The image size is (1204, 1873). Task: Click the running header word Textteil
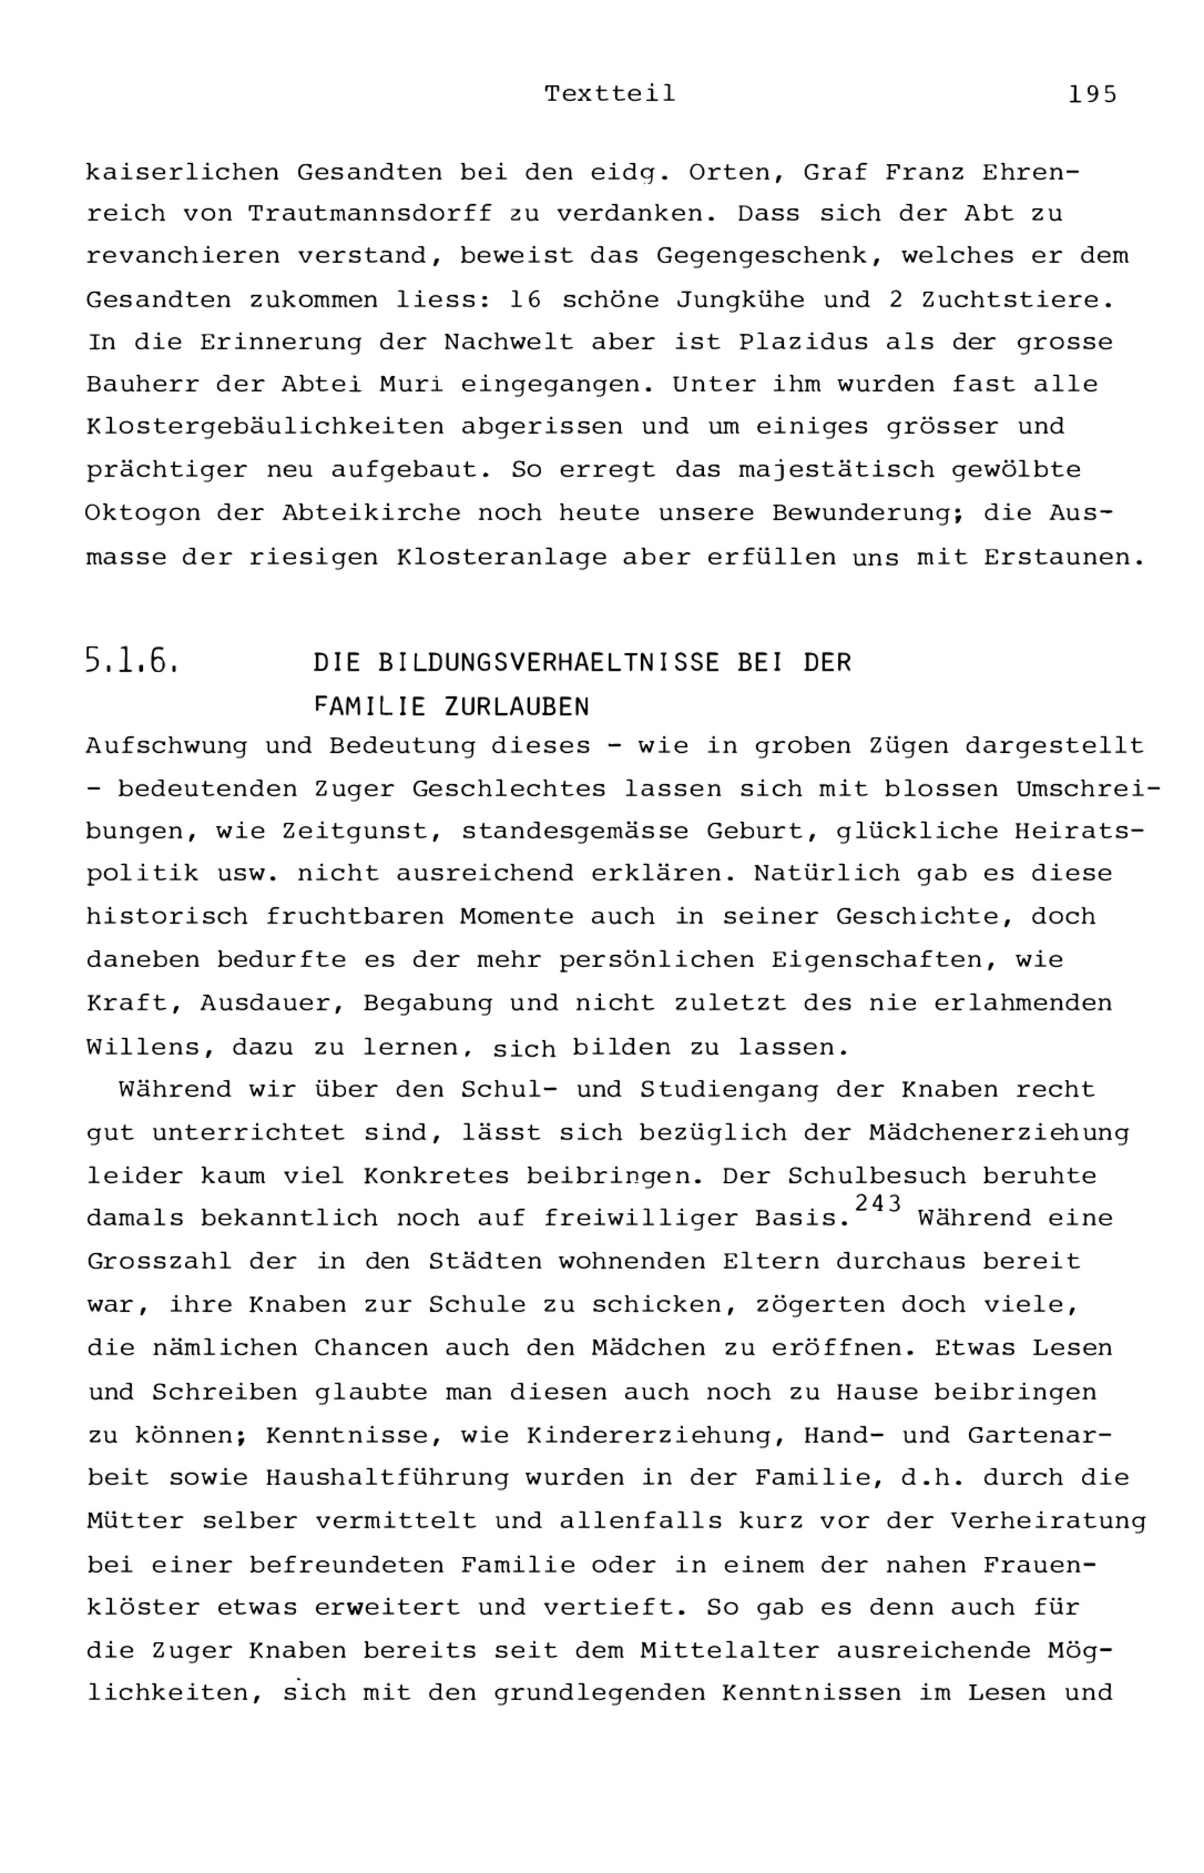pos(610,94)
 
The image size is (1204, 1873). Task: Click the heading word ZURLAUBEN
pos(516,707)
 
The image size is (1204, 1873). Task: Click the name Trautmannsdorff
pos(370,214)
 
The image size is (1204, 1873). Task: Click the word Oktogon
pos(141,513)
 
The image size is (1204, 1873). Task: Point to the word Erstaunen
pos(1064,558)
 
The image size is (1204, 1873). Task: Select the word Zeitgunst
pos(361,831)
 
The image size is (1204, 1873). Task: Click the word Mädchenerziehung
pos(998,1132)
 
